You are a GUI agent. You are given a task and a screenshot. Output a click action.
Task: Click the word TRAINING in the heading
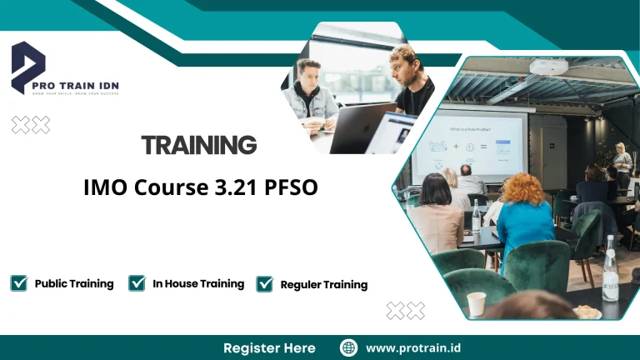pyautogui.click(x=198, y=145)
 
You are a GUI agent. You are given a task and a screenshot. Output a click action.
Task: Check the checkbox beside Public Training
pyautogui.click(x=19, y=283)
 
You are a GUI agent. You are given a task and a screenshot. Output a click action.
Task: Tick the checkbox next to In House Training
pyautogui.click(x=137, y=283)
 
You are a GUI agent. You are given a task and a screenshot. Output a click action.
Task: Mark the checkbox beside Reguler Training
pyautogui.click(x=265, y=284)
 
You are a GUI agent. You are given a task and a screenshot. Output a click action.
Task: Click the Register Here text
pyautogui.click(x=269, y=347)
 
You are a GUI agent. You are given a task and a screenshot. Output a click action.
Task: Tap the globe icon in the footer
pyautogui.click(x=349, y=347)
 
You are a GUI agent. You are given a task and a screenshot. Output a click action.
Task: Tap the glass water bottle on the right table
pyautogui.click(x=610, y=271)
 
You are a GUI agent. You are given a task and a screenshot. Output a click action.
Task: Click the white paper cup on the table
pyautogui.click(x=476, y=303)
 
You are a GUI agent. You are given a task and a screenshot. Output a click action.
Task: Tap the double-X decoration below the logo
pyautogui.click(x=30, y=125)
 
